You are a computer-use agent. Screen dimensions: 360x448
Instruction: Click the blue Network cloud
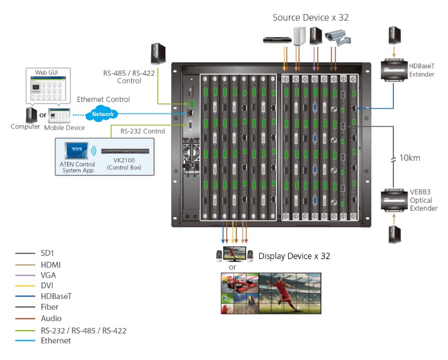(102, 114)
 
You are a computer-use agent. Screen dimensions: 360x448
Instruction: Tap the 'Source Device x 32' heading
(310, 17)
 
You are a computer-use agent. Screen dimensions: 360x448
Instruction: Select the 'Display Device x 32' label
(294, 256)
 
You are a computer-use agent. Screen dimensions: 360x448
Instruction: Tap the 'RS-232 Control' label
(142, 131)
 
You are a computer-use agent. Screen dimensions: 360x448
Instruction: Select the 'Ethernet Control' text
(103, 99)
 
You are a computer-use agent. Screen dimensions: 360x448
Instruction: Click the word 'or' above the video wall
(232, 267)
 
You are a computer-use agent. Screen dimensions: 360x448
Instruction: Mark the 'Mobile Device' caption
(64, 127)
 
